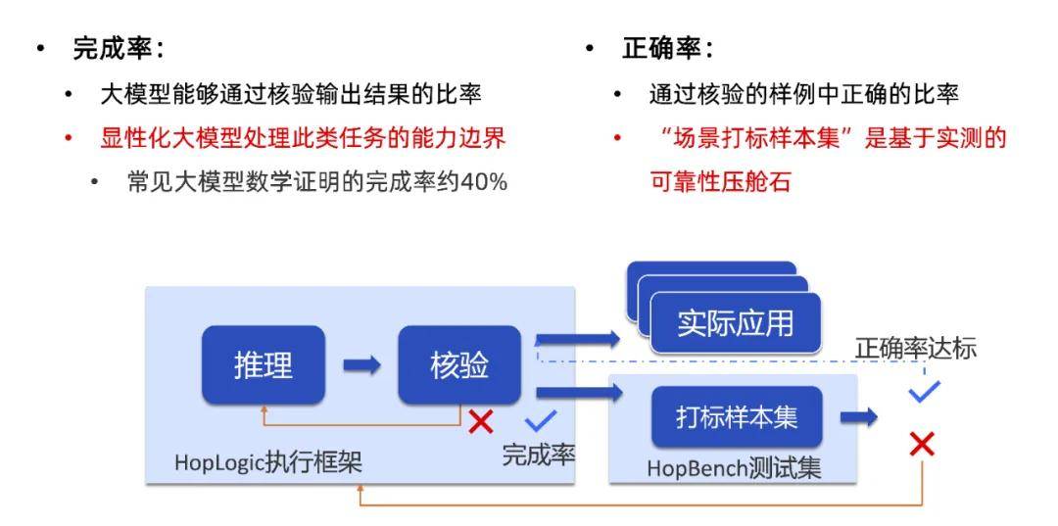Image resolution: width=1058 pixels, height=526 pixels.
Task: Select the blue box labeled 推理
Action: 264,364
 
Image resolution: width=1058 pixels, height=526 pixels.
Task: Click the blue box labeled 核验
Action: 458,364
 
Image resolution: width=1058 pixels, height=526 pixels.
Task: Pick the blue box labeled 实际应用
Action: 735,323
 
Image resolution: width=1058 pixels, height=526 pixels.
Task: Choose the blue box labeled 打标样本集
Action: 737,416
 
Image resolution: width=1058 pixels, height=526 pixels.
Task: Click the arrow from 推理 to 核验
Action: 361,365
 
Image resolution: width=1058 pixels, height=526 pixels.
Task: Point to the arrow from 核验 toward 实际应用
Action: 578,339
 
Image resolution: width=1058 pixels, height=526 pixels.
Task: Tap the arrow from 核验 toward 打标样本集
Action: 580,392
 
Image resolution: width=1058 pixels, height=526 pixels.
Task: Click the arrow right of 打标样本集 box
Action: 858,416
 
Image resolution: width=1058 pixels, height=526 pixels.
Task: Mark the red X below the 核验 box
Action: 480,421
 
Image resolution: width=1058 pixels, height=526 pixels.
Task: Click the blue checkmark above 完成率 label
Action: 541,420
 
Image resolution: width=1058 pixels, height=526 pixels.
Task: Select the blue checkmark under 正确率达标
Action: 924,391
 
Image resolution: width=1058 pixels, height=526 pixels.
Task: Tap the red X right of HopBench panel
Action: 922,444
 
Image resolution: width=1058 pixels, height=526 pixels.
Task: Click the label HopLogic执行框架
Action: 268,462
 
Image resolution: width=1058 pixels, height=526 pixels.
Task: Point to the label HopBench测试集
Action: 734,468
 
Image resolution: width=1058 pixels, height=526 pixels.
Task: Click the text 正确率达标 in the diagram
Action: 916,349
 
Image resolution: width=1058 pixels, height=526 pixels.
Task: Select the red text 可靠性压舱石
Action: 720,182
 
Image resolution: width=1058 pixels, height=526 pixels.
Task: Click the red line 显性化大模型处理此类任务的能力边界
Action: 303,139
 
